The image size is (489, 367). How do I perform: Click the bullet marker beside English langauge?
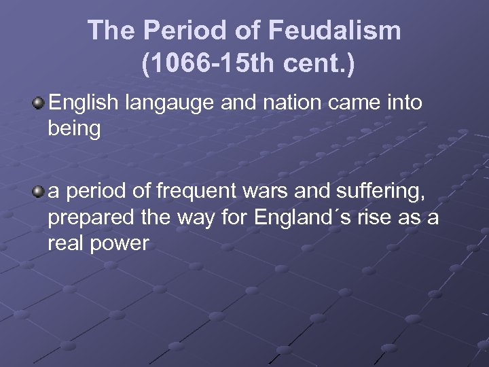click(x=39, y=103)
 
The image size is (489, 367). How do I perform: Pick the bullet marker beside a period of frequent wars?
click(x=39, y=192)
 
